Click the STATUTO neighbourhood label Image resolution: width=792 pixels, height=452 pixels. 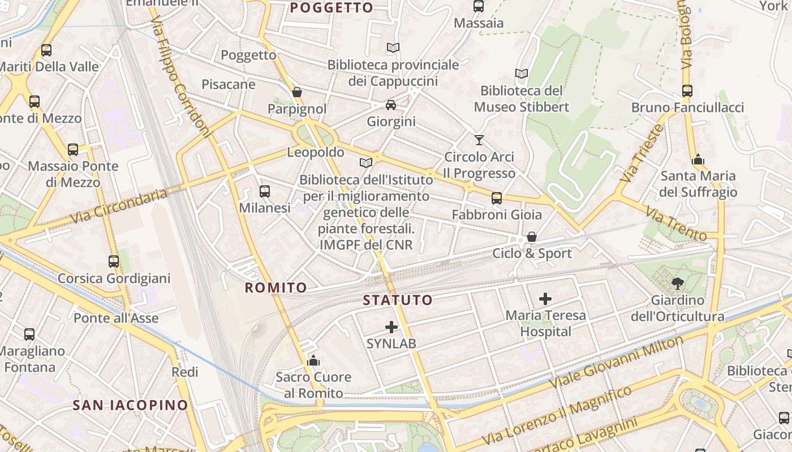tap(398, 300)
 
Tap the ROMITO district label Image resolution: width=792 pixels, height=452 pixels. tap(276, 288)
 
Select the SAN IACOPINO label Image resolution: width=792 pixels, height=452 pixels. tap(130, 405)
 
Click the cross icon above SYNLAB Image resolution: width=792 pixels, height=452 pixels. tap(391, 327)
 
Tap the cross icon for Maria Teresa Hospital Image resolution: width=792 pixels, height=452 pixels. tap(545, 299)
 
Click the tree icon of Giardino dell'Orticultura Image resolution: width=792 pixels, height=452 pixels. tap(677, 283)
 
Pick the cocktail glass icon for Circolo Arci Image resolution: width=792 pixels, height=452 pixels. tap(479, 140)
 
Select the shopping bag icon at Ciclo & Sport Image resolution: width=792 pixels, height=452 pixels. tap(531, 237)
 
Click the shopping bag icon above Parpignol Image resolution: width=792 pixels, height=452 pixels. tap(297, 92)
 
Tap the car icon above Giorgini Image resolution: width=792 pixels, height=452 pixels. tap(390, 105)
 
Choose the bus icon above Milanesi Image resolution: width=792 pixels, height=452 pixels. tap(264, 192)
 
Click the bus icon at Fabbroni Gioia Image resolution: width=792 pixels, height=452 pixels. tap(496, 198)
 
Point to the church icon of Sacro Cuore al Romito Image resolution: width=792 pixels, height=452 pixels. tap(313, 360)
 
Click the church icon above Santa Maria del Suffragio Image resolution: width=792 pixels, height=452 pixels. tap(698, 159)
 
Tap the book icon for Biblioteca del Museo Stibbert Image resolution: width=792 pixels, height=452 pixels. tap(521, 73)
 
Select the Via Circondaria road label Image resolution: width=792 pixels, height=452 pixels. tap(119, 206)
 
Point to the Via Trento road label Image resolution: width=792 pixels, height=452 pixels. tap(676, 224)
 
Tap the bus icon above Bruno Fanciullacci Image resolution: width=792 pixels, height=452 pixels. tap(687, 91)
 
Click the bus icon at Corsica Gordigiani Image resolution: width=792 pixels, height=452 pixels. tap(114, 262)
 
